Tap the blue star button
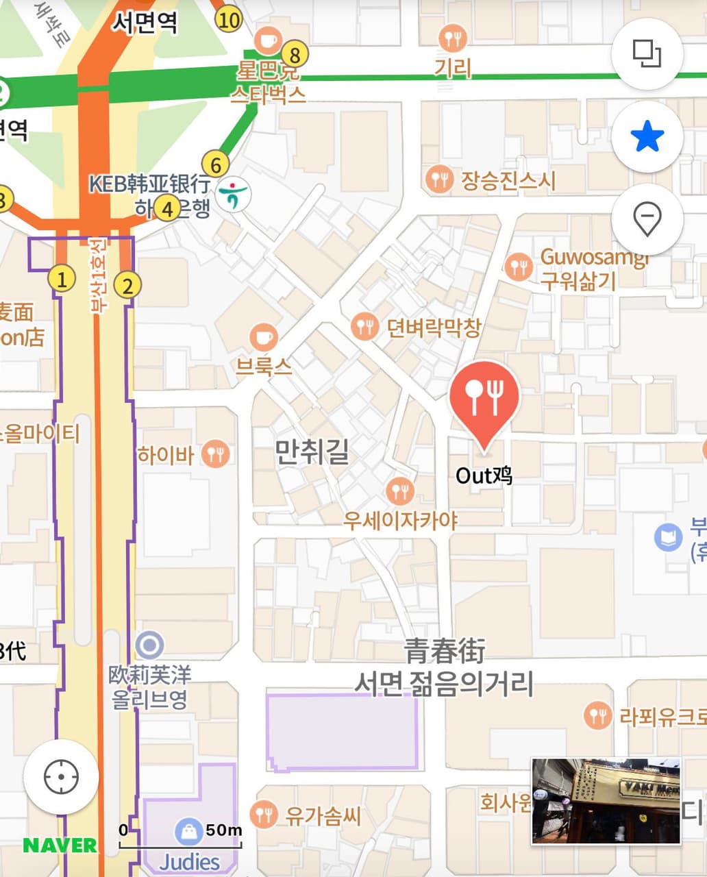pos(647,137)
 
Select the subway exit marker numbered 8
pos(295,53)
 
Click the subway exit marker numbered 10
pos(228,19)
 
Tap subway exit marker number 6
pos(216,165)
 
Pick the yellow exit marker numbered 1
pos(62,280)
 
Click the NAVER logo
pos(60,845)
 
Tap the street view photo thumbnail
pos(606,800)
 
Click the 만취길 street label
pos(312,452)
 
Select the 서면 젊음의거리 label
pos(444,684)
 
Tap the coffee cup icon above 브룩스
pos(264,337)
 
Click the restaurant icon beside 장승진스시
pos(439,180)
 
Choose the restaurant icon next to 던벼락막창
pos(365,327)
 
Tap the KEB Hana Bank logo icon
pos(234,195)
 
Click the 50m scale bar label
pos(223,830)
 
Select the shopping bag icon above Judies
pos(188,832)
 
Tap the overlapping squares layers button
pos(647,53)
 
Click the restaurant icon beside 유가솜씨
pos(264,815)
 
